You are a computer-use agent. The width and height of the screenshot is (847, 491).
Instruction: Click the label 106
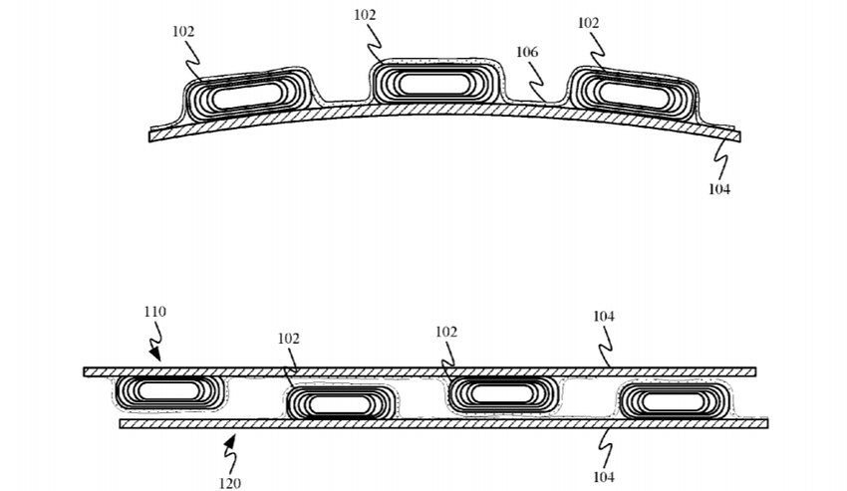(527, 52)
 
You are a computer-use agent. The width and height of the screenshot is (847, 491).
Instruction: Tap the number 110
(155, 312)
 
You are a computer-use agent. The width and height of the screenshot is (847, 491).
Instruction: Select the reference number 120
(229, 483)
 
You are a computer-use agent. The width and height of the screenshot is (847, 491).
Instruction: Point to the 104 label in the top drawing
(719, 189)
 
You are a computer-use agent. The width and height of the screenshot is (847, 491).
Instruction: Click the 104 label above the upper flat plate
(604, 316)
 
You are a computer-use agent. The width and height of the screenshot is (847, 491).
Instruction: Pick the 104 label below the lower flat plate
(604, 477)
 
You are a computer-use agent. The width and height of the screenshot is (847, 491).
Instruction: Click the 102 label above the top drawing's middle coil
(365, 15)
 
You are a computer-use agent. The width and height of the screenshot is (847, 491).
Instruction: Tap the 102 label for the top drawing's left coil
(183, 31)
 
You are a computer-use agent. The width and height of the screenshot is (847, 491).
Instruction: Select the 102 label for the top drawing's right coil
(588, 23)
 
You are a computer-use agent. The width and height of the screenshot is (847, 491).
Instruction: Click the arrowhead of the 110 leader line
(155, 355)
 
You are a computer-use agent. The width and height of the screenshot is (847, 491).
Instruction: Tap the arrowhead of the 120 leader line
(230, 441)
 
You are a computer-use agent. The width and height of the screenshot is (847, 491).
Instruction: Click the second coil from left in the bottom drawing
(341, 403)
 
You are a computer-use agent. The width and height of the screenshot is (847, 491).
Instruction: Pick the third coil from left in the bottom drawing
(503, 393)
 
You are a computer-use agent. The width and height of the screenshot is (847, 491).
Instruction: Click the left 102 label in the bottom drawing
(288, 339)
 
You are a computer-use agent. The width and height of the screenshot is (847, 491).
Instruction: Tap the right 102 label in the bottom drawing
(446, 332)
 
